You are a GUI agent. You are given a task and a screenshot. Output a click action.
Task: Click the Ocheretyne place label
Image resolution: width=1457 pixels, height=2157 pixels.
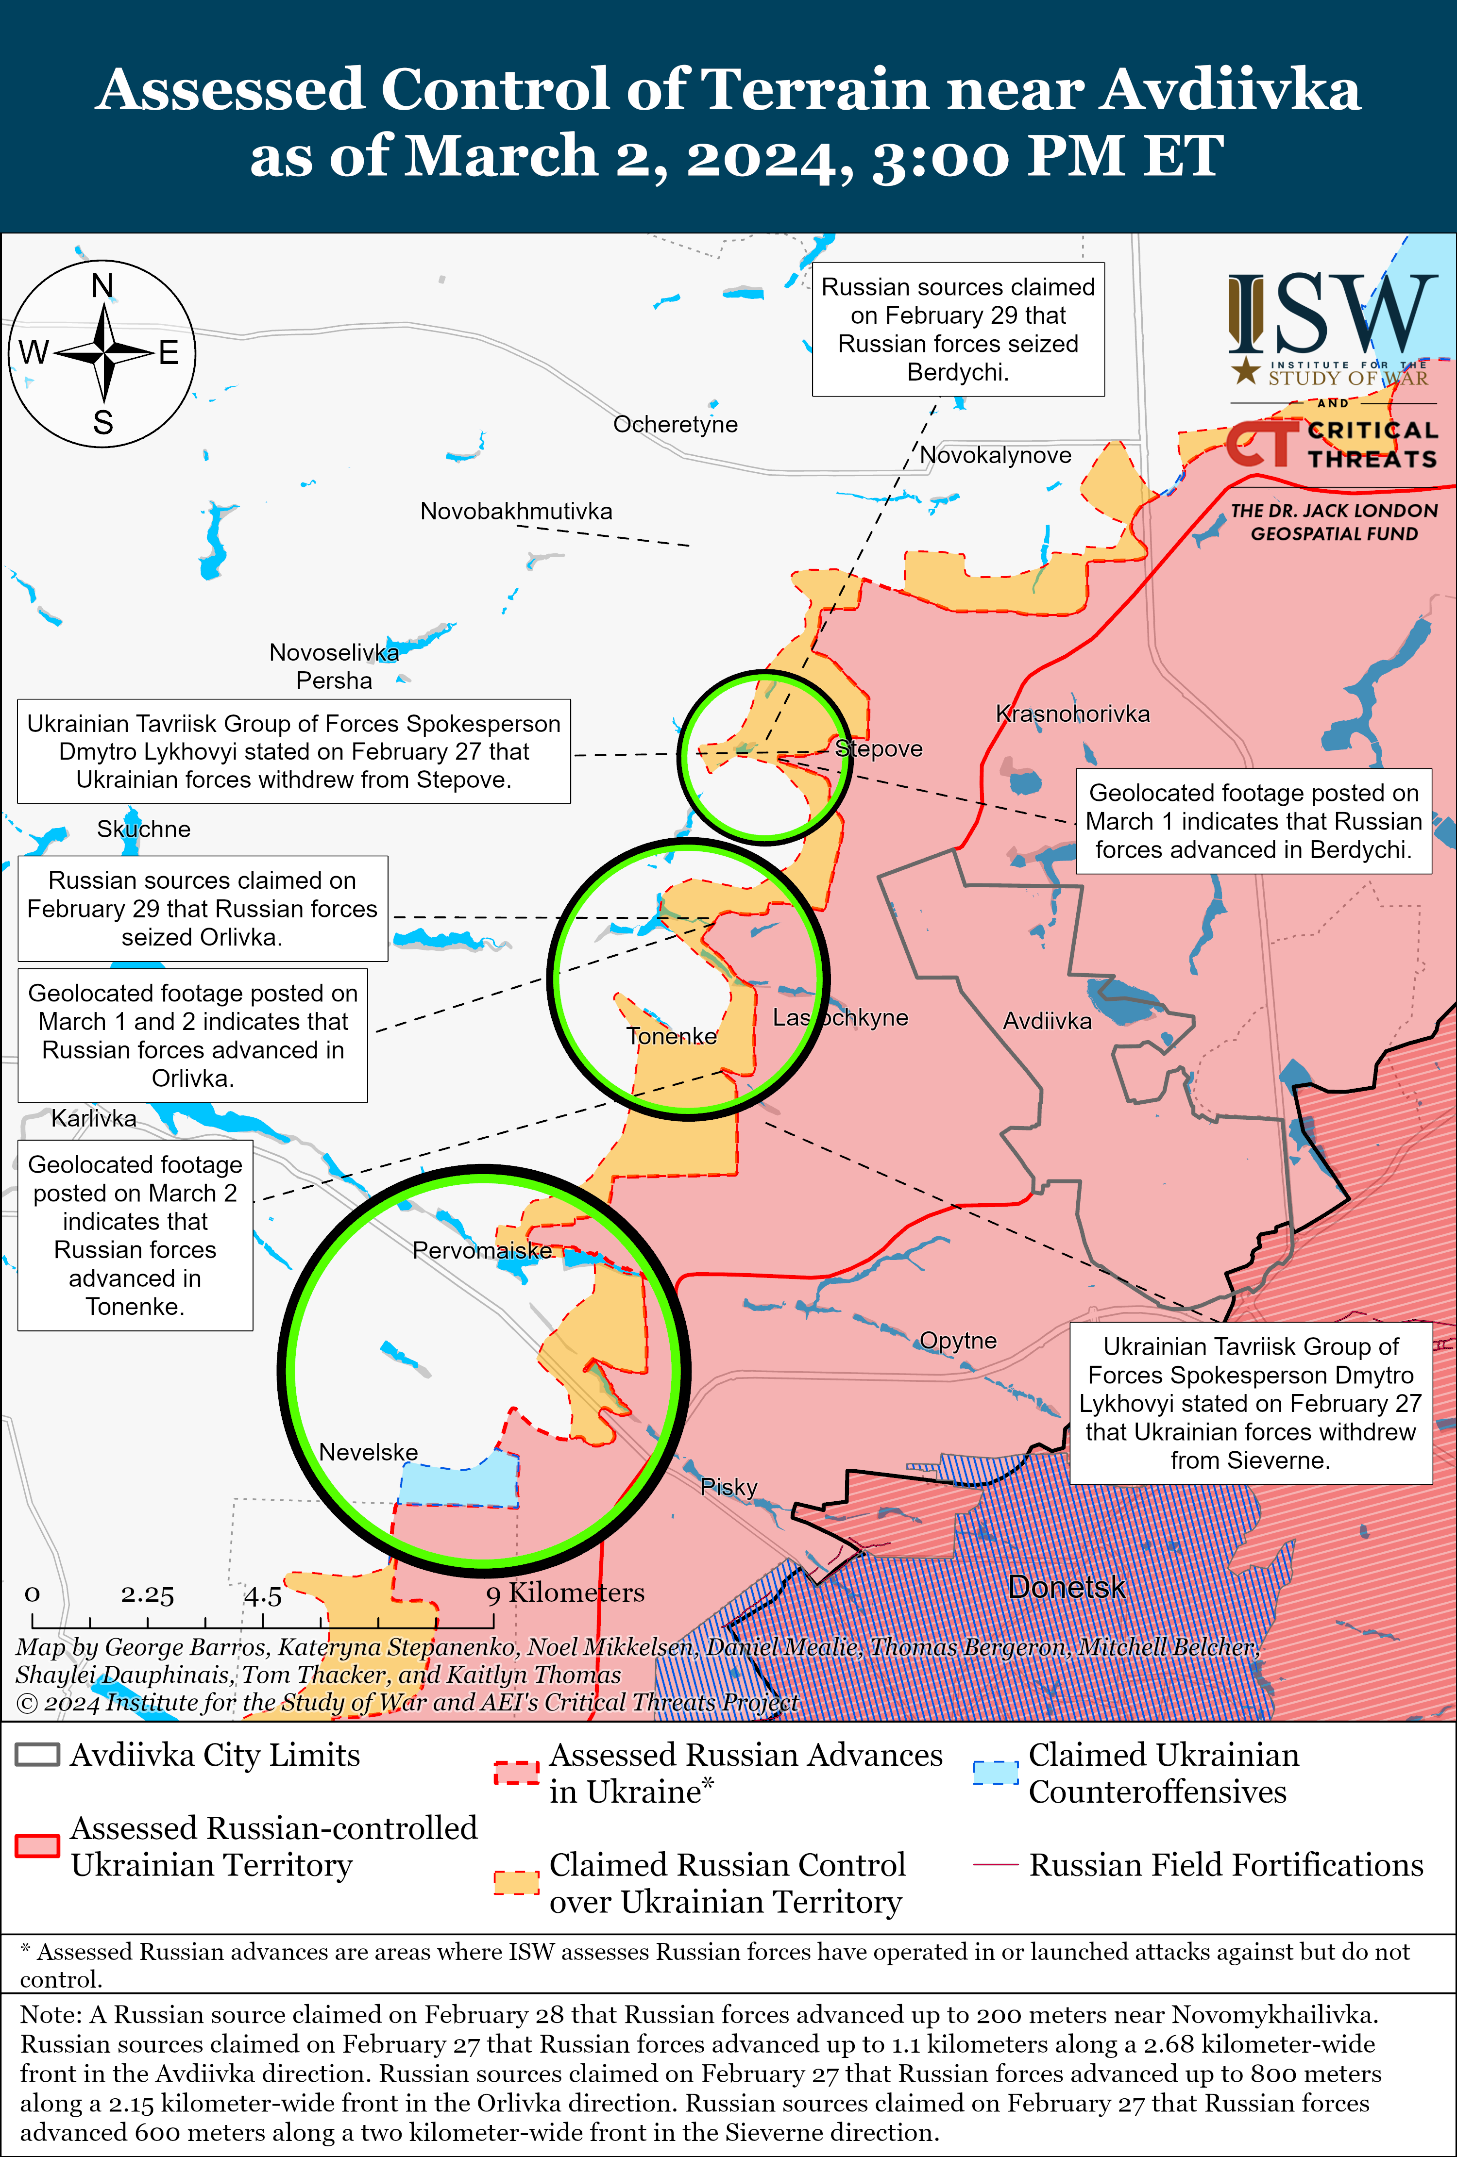pyautogui.click(x=675, y=424)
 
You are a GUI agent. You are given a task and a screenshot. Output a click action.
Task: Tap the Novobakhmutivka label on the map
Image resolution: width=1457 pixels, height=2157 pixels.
pyautogui.click(x=516, y=512)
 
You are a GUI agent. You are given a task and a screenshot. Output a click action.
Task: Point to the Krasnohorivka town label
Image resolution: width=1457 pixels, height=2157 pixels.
pyautogui.click(x=1072, y=713)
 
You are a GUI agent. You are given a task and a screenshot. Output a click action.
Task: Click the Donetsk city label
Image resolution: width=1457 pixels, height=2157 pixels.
pyautogui.click(x=1067, y=1587)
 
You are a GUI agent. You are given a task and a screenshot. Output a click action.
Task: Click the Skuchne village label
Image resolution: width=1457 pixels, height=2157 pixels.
pyautogui.click(x=144, y=829)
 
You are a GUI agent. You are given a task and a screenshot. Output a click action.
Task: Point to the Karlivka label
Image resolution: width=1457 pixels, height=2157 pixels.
pyautogui.click(x=94, y=1118)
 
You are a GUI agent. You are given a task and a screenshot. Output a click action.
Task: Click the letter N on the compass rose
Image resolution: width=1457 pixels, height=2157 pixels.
pyautogui.click(x=103, y=286)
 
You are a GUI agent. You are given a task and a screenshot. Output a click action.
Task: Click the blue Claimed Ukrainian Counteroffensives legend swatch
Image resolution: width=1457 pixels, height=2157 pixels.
pyautogui.click(x=996, y=1771)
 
